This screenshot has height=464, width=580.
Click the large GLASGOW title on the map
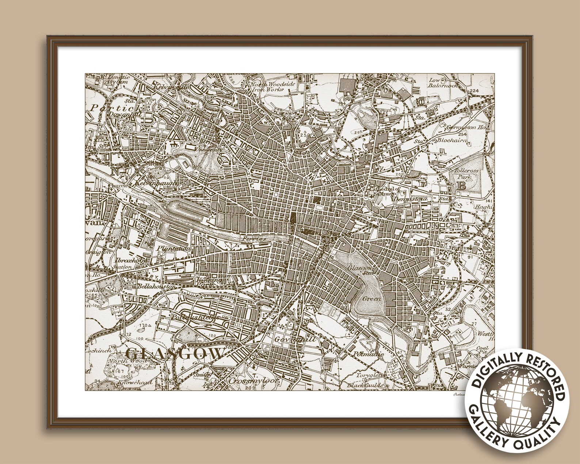pyautogui.click(x=175, y=353)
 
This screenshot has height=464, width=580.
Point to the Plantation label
pyautogui.click(x=174, y=249)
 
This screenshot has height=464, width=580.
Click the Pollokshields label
pyautogui.click(x=196, y=317)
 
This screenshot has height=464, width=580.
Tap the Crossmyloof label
pyautogui.click(x=247, y=381)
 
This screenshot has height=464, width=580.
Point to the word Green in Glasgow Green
pyautogui.click(x=372, y=299)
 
